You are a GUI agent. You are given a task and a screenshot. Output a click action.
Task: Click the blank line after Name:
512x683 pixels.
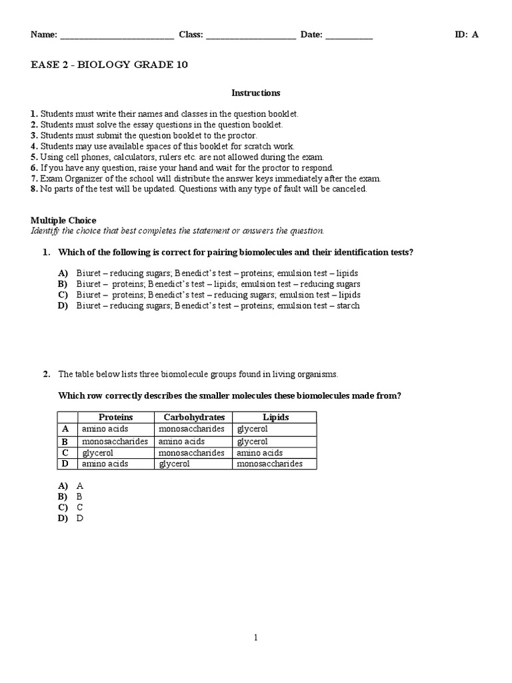point(117,37)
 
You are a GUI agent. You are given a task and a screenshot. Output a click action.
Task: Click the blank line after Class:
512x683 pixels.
point(251,37)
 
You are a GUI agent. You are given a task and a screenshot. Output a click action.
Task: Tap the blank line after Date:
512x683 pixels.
point(349,37)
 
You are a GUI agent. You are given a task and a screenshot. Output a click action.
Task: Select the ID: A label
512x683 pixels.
point(467,35)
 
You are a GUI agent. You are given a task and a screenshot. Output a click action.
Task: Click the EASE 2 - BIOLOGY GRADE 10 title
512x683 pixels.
point(109,65)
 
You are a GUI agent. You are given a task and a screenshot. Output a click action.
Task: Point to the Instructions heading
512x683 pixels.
point(255,93)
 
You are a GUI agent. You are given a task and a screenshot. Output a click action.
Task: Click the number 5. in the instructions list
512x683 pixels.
point(35,157)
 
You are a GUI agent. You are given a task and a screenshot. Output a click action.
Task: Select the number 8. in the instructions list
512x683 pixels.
point(35,189)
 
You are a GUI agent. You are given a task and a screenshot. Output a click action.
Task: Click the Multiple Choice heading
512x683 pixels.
point(63,220)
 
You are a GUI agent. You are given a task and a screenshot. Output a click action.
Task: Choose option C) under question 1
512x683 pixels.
point(63,295)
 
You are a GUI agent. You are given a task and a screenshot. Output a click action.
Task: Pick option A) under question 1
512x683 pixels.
point(63,273)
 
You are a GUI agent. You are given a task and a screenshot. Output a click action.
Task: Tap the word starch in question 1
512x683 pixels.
point(348,305)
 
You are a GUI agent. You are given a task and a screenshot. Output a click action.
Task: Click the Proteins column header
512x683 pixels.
point(116,417)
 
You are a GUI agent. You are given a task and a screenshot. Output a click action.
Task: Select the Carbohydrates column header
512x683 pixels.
point(194,417)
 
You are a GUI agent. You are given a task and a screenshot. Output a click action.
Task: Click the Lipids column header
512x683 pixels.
point(275,417)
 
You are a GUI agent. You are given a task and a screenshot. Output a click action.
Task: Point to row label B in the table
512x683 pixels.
point(65,442)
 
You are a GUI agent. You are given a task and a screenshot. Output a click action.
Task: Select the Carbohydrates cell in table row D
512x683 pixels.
point(174,464)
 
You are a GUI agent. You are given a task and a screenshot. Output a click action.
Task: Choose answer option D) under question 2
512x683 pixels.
point(63,518)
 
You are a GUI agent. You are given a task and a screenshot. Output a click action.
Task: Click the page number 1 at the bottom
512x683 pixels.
point(255,638)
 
